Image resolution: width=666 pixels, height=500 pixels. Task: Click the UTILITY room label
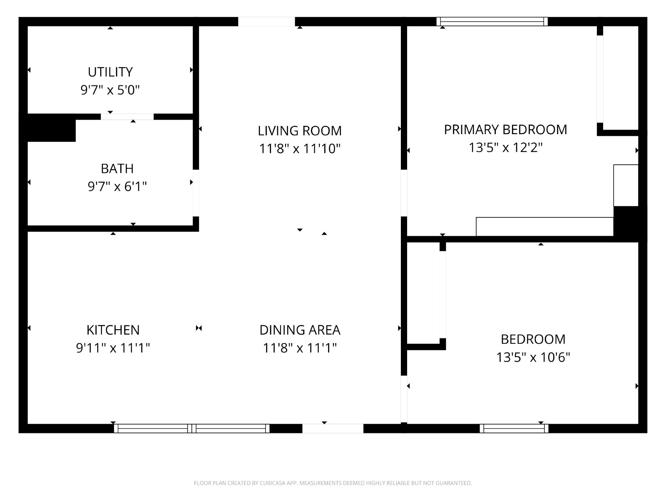pos(110,72)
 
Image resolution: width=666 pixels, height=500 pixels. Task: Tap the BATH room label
pos(117,168)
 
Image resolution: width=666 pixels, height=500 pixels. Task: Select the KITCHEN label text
pos(113,330)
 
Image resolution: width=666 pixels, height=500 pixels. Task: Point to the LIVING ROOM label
pos(300,131)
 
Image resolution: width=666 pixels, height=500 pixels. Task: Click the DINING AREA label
pos(300,330)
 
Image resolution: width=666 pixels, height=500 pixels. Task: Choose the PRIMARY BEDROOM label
pos(505,130)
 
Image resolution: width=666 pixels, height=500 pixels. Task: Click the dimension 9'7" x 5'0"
pos(110,90)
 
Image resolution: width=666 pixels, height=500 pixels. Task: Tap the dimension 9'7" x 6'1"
pos(117,186)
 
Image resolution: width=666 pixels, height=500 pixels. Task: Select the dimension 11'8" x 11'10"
pos(300,149)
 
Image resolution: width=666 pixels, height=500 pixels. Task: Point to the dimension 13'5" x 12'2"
pos(505,147)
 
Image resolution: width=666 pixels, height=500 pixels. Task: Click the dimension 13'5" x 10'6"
pos(533,357)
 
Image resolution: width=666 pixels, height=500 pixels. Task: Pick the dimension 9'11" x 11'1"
pos(113,348)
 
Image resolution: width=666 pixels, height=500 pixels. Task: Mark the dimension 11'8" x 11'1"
pos(300,348)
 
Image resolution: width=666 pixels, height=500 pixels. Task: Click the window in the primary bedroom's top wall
pos(492,22)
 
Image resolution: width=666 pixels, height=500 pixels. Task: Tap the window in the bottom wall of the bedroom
pos(514,428)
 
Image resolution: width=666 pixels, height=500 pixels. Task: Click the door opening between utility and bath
pos(127,117)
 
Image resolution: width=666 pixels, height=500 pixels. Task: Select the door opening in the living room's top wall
pos(266,22)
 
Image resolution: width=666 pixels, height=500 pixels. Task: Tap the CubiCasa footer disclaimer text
pos(333,482)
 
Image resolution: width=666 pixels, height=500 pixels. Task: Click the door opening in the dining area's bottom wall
pos(333,428)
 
